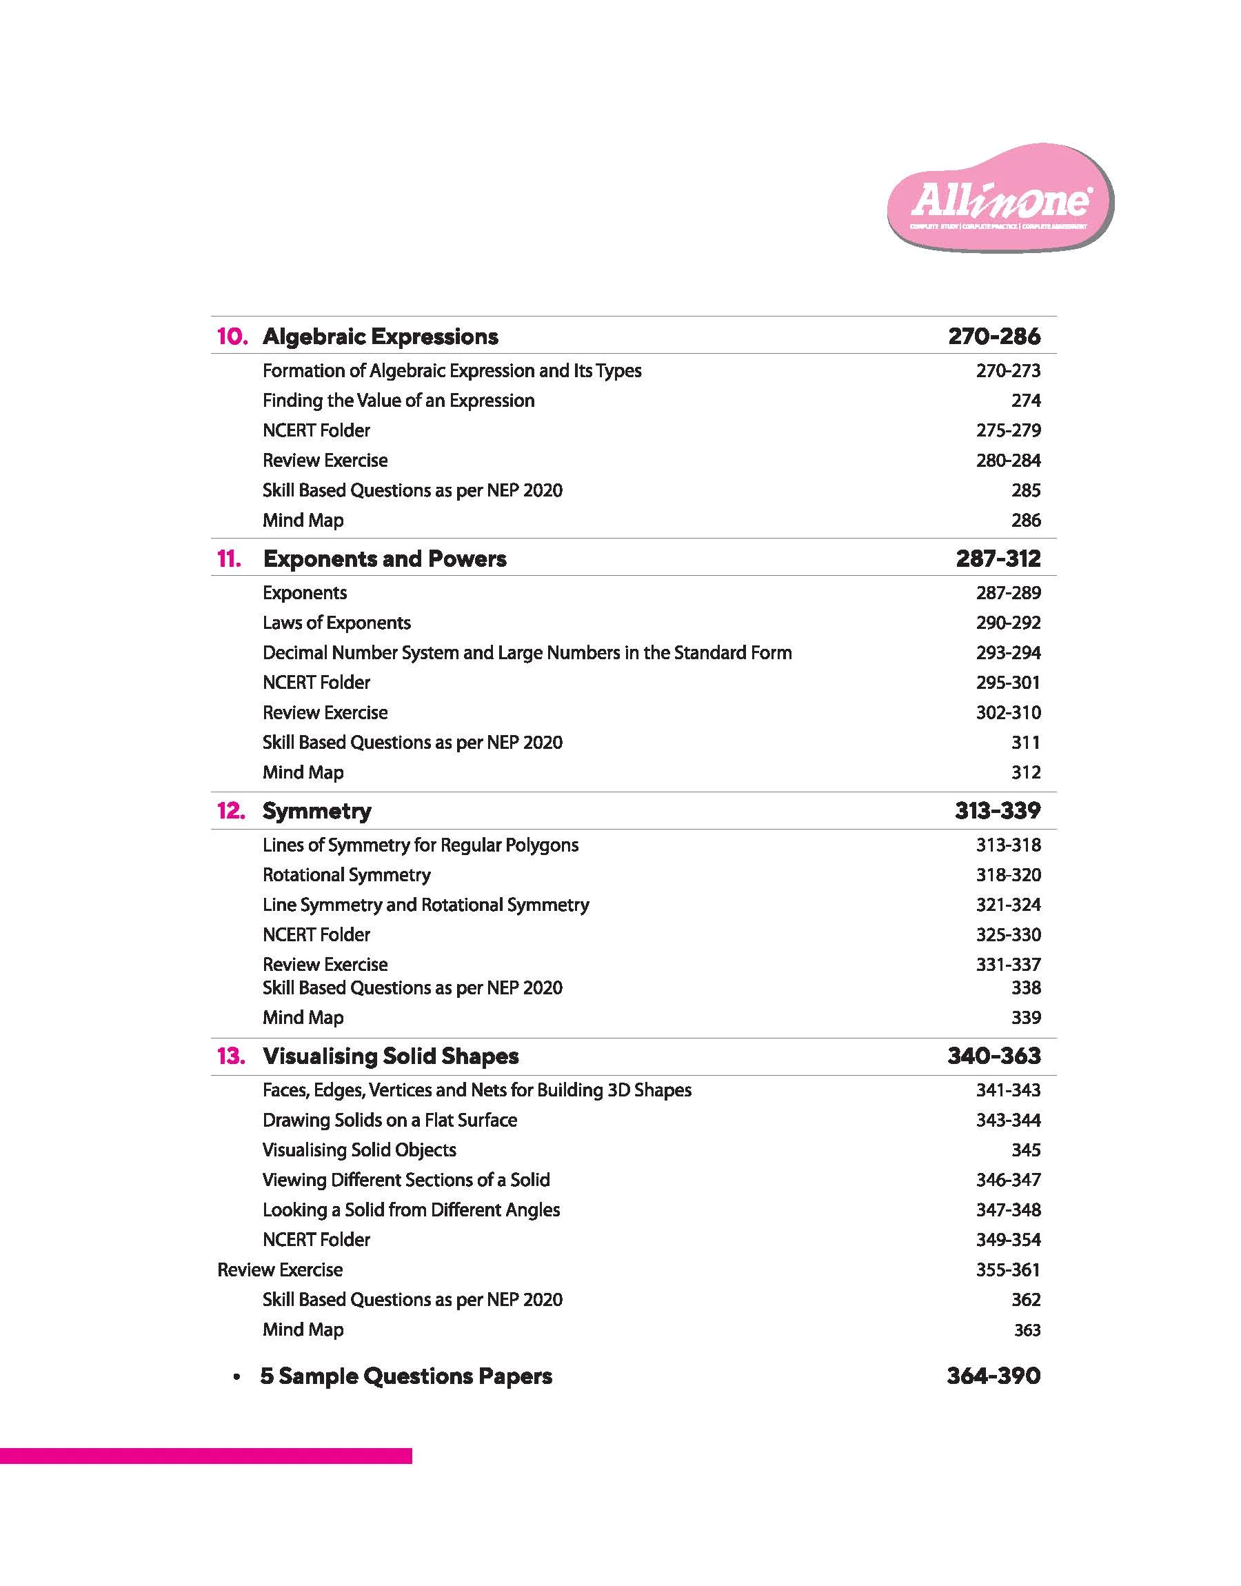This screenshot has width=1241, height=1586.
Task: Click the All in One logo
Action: click(1000, 199)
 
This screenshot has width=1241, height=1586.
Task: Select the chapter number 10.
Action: click(232, 337)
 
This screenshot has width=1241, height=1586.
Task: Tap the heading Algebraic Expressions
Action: click(380, 337)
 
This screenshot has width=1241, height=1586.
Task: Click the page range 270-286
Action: click(993, 337)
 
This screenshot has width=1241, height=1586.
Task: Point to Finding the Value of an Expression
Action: click(398, 401)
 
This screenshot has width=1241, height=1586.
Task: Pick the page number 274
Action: click(1025, 401)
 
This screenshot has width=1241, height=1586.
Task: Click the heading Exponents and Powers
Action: click(384, 559)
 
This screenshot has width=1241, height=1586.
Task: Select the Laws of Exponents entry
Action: click(336, 623)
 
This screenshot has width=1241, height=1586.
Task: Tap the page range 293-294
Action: click(1008, 652)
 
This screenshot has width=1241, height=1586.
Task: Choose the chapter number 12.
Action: click(231, 811)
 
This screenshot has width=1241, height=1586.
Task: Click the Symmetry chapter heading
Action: click(316, 811)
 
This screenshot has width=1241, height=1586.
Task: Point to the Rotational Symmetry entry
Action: click(347, 875)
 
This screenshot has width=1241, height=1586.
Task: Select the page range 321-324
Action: click(1008, 905)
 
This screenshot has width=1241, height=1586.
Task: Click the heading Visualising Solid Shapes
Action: click(391, 1056)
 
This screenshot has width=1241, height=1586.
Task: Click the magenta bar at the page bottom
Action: click(205, 1456)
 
